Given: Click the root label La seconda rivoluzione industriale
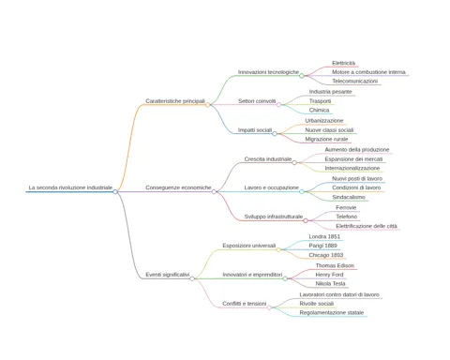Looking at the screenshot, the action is pos(70,187).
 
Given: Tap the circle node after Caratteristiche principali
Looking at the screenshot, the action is pos(207,105).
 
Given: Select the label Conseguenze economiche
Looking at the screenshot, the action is pos(178,187).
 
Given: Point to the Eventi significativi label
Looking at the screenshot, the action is pos(168,275).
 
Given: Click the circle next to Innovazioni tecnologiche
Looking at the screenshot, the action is pos(302,76).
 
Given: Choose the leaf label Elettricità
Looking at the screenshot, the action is pos(343,63).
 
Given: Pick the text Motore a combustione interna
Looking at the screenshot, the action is pos(368,72).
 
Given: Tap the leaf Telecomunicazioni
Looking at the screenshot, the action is pos(354,82).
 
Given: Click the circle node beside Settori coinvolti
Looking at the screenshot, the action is pos(278,105).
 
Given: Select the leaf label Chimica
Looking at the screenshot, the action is pos(319,110).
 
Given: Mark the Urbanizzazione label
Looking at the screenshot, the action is pos(324,121).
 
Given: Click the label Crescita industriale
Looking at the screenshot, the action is pos(268,159).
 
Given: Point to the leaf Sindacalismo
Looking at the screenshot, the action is pos(349,197).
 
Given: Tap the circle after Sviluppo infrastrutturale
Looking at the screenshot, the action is pos(306,220).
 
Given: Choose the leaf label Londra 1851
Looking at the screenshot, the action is pos(324,236).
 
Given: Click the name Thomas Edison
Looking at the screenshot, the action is pos(335,265).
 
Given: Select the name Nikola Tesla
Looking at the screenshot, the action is pos(330,284).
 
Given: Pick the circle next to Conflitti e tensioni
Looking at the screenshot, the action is pos(269,307).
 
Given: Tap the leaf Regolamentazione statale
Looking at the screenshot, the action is pos(332,313).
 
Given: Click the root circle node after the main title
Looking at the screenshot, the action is pos(115,191).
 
